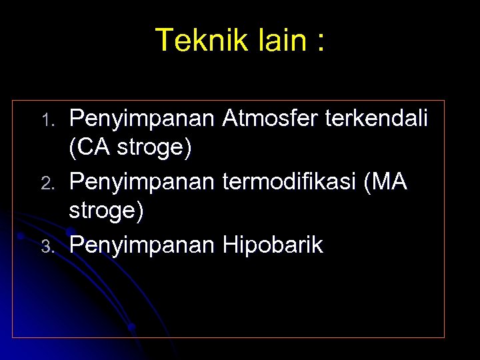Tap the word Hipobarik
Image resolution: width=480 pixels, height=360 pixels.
coord(273,245)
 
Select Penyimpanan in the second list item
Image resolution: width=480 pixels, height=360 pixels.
coord(142,181)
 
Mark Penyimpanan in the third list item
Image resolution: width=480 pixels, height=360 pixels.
coord(142,245)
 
